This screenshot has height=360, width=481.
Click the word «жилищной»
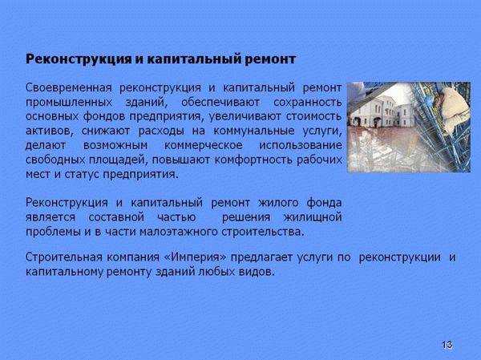[x=315, y=216]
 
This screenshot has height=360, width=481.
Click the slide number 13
[x=447, y=345]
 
